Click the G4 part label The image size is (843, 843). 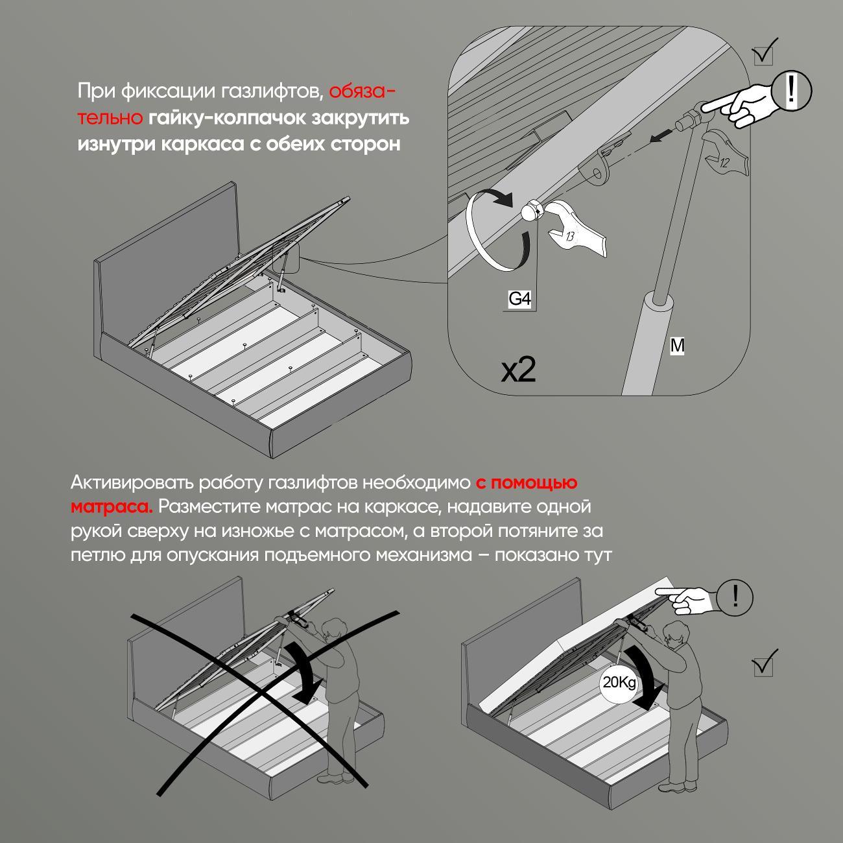click(x=519, y=299)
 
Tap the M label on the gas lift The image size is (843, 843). click(x=677, y=346)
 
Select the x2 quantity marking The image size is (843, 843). click(x=519, y=370)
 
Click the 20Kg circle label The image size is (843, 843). click(x=619, y=683)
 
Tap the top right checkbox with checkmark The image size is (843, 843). click(x=765, y=53)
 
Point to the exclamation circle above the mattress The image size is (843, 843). click(x=735, y=595)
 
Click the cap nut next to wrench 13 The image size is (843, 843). click(x=531, y=211)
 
